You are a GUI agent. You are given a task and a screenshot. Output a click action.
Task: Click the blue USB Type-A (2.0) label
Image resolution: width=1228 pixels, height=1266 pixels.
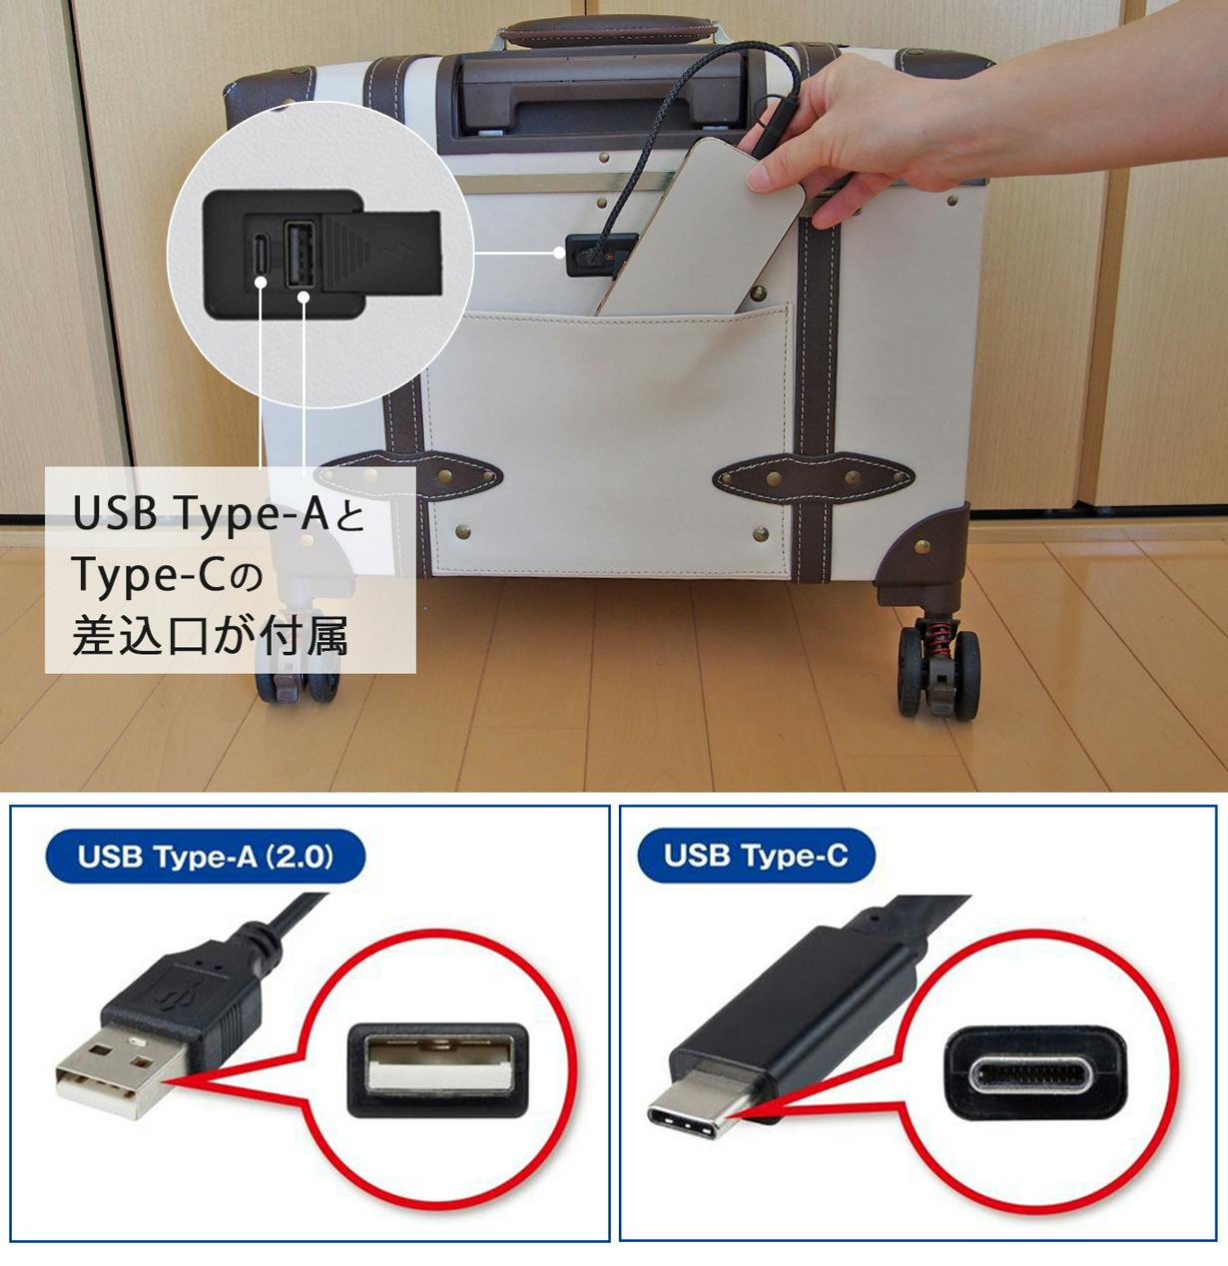205,856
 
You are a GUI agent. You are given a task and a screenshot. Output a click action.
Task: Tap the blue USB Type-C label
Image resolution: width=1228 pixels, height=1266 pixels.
756,855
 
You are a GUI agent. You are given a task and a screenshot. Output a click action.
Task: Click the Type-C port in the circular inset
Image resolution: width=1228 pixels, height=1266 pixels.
261,255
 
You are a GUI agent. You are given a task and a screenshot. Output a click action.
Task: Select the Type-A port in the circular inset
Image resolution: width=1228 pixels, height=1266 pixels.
300,255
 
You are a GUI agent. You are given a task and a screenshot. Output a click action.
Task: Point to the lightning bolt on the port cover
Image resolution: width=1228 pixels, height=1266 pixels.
391,251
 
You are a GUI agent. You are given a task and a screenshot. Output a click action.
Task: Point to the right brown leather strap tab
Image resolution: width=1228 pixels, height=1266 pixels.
813,479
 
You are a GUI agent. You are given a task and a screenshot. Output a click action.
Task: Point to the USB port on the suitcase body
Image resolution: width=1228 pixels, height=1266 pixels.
599,256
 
